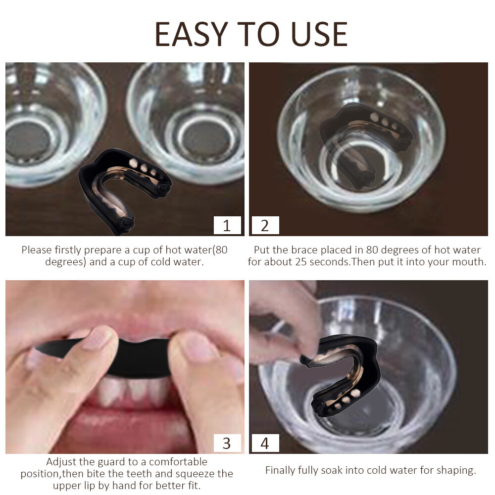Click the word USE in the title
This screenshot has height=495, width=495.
click(319, 34)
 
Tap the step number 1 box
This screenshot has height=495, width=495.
click(227, 225)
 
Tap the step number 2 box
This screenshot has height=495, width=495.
click(265, 225)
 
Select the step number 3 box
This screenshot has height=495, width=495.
click(227, 443)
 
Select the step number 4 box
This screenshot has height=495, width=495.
click(265, 443)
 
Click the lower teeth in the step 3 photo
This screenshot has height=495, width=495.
click(133, 392)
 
